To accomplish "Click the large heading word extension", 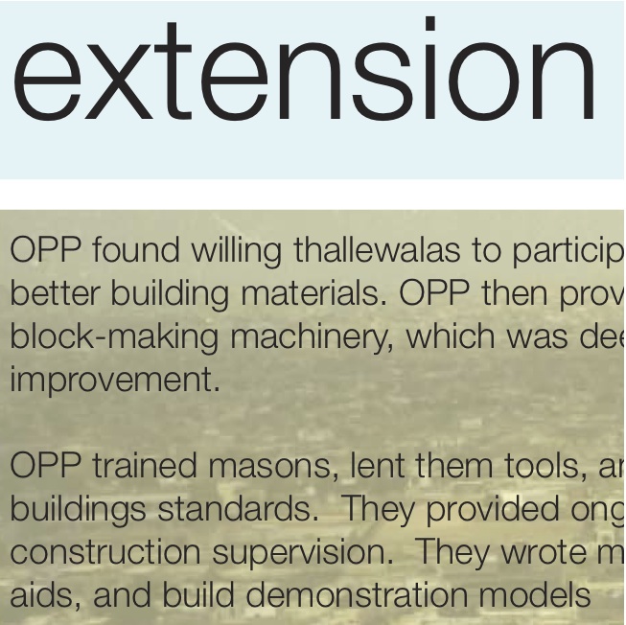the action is [304, 69].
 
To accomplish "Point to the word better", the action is [54, 293].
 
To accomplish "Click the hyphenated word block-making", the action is [114, 337].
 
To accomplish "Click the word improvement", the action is [115, 381].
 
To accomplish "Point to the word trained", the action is [145, 465].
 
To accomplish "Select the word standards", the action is [239, 508].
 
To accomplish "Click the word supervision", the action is [303, 553].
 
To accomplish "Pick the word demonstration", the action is [357, 594].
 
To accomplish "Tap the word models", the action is [534, 594].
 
